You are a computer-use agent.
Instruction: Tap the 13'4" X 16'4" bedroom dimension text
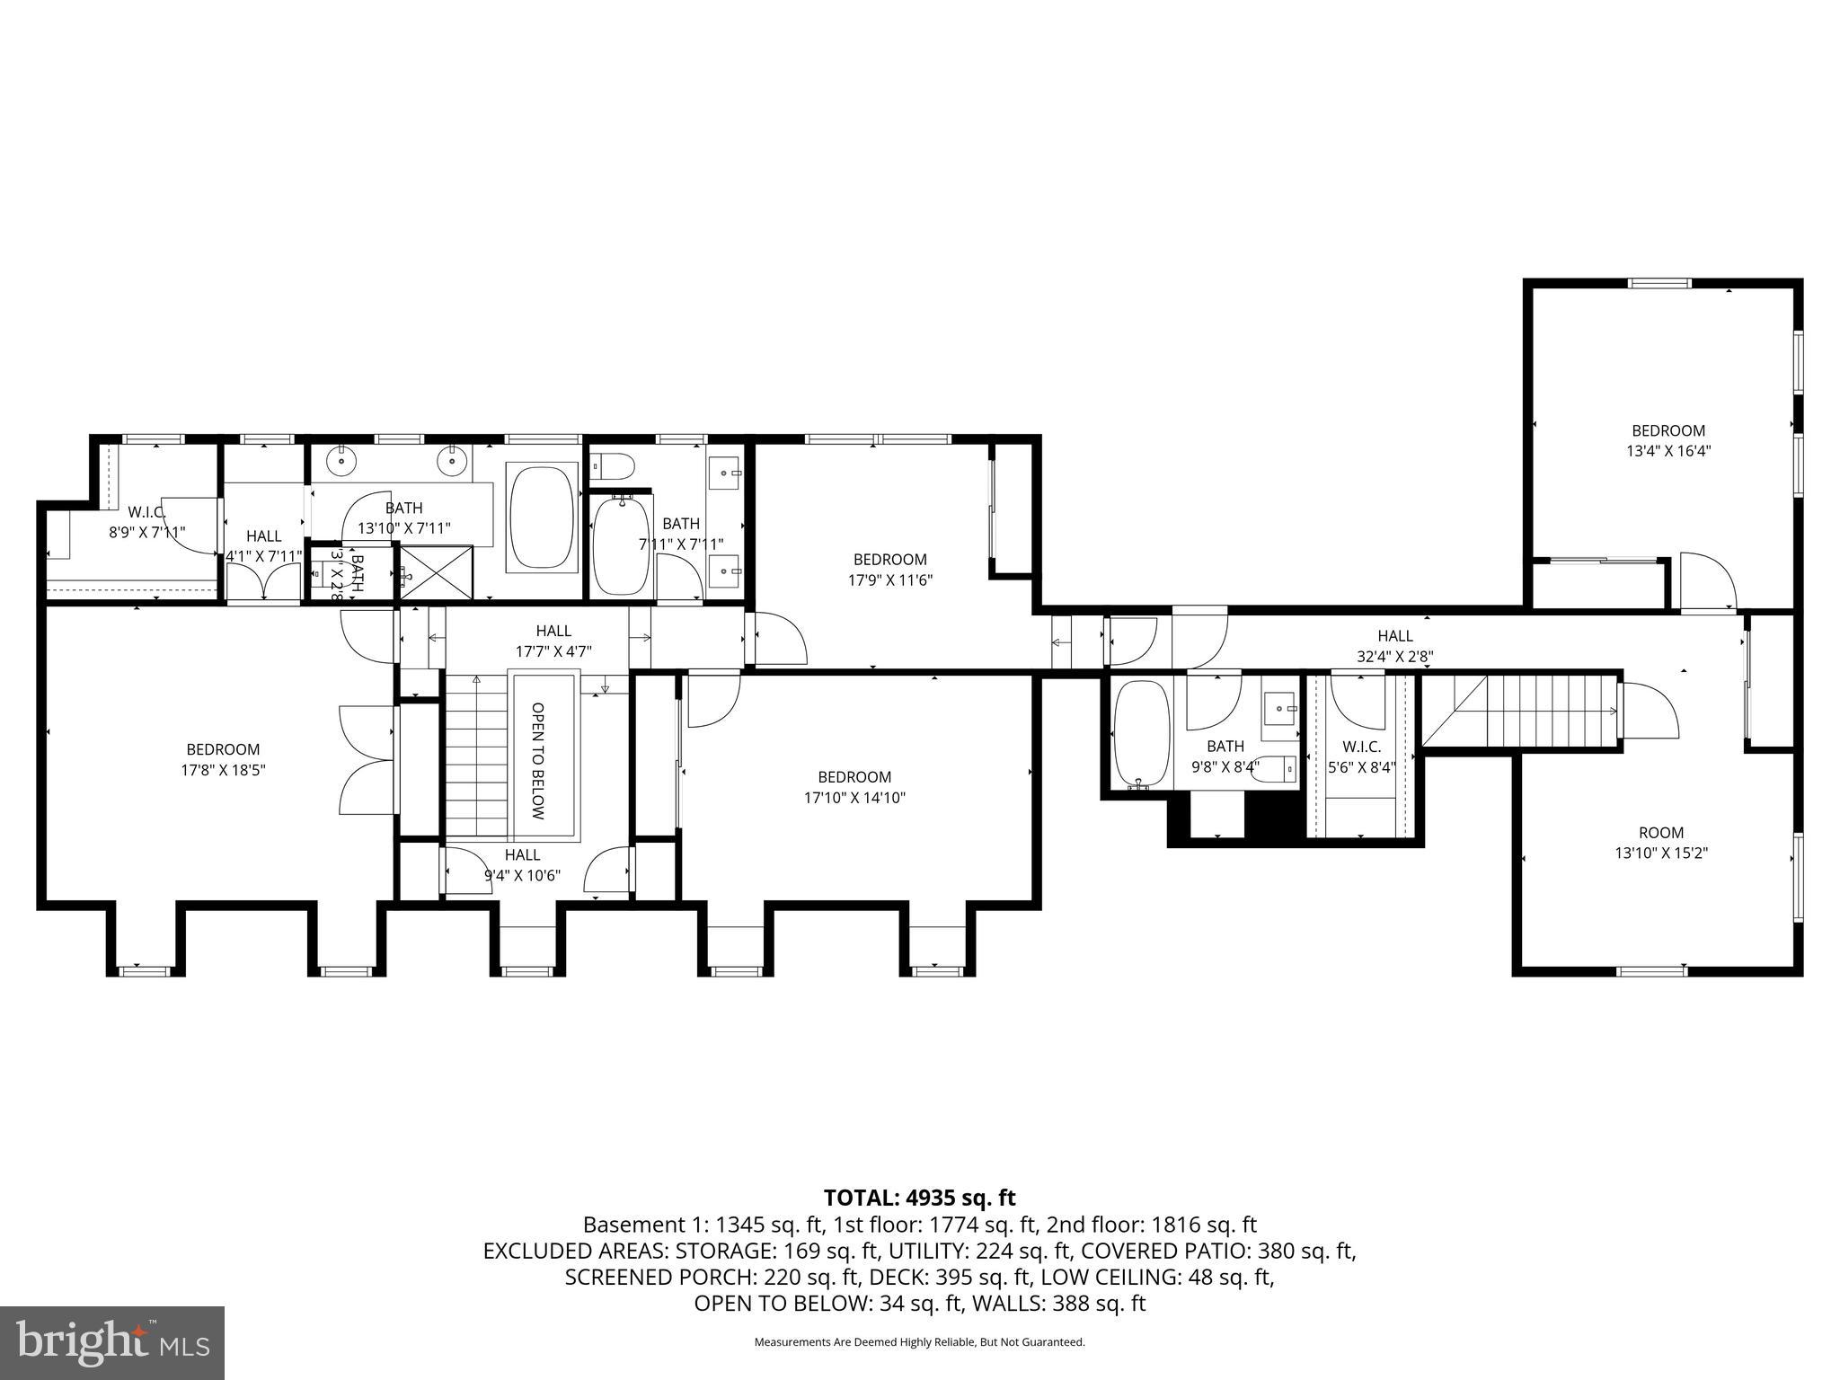point(1667,451)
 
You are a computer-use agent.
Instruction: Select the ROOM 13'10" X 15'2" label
point(1660,843)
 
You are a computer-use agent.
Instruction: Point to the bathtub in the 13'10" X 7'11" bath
point(542,517)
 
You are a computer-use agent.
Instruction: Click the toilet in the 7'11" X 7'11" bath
point(613,466)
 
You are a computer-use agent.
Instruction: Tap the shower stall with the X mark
point(433,572)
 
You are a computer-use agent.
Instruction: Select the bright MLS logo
point(112,1342)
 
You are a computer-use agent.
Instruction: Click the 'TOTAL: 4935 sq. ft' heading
point(919,1198)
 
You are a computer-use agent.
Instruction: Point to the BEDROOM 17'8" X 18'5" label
point(223,759)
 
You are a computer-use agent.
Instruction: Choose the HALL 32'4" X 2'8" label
point(1394,646)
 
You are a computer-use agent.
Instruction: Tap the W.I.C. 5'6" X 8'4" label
point(1361,757)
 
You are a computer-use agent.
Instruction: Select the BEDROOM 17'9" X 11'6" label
point(889,570)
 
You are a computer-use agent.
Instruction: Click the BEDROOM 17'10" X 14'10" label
point(854,787)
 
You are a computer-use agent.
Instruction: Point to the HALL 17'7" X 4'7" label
point(553,641)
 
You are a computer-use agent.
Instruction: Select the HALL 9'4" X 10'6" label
point(522,864)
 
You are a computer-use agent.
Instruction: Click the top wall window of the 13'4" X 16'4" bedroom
point(1660,284)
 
